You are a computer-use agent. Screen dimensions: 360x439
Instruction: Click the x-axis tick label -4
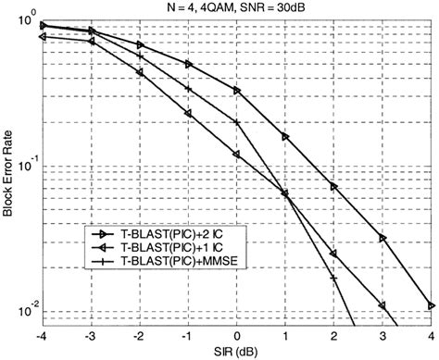(43, 335)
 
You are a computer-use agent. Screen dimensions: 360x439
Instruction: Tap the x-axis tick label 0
(237, 335)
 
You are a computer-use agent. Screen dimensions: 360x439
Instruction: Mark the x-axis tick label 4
(431, 335)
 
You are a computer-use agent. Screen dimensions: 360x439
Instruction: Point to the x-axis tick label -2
(139, 335)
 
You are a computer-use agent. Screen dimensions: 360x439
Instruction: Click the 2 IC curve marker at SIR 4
(431, 305)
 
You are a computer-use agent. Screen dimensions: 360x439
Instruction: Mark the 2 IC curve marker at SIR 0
(237, 91)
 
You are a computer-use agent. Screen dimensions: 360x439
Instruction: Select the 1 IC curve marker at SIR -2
(140, 72)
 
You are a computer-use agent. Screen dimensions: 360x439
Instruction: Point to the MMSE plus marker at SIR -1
(188, 89)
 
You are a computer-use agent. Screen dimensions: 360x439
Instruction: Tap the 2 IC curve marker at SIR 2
(334, 186)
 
